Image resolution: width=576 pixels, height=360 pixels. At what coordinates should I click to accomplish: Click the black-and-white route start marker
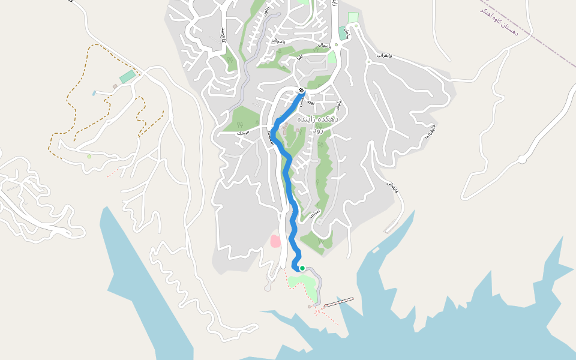301,91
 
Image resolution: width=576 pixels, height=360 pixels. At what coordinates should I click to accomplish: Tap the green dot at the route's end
302,268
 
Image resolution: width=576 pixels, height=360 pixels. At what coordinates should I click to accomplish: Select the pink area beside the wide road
275,241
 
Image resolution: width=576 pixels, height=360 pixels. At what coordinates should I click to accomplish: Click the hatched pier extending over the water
338,302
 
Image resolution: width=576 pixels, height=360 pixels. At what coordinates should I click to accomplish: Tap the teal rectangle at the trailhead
127,77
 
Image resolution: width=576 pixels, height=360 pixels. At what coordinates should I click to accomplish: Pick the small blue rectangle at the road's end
94,93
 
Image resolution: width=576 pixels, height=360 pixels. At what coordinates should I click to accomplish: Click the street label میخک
242,132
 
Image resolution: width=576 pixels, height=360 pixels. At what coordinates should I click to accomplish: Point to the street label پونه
311,101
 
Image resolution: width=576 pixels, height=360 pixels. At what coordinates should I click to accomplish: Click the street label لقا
299,57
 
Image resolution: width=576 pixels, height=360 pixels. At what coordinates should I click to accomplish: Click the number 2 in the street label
223,40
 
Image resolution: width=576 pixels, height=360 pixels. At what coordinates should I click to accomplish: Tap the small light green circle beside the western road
89,156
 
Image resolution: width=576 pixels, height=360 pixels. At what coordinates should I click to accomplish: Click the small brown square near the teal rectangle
115,86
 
